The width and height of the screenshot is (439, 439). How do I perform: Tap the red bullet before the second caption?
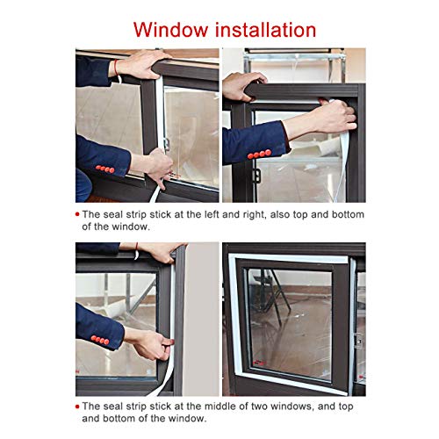[x=77, y=407]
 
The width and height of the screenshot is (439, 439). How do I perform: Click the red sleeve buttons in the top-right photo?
[x=259, y=154]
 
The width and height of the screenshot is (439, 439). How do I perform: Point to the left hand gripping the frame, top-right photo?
[x=243, y=85]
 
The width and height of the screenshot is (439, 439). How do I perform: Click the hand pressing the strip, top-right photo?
[x=335, y=115]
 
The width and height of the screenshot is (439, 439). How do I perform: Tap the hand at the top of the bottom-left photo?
[x=162, y=252]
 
